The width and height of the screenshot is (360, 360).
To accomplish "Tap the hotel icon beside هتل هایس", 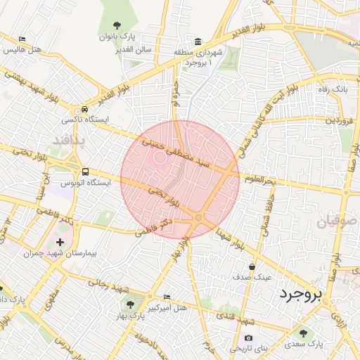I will (x=22, y=39).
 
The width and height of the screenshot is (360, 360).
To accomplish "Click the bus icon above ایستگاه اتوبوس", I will (x=85, y=171).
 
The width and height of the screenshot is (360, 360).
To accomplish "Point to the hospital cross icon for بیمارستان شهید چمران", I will (x=60, y=243).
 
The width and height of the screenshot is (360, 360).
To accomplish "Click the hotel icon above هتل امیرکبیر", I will (x=167, y=297).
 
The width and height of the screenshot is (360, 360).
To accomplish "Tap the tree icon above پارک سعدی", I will (x=303, y=334).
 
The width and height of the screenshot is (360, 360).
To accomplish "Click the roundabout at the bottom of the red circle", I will (x=199, y=218).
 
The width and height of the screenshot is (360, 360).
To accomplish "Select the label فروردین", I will (x=340, y=120).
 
